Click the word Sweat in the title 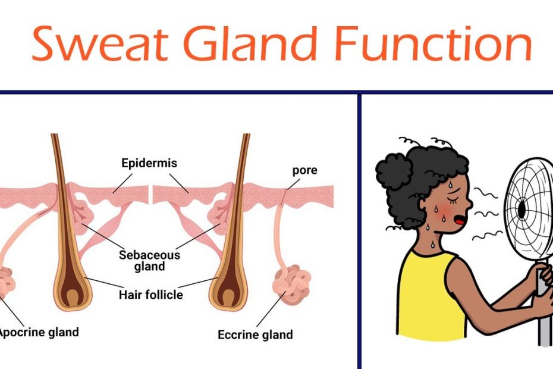click(100, 43)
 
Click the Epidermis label click(149, 163)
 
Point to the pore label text click(304, 171)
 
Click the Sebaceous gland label click(149, 261)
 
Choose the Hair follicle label click(151, 295)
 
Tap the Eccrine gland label click(255, 334)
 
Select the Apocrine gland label click(39, 332)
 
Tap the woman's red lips click(460, 221)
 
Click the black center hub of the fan click(521, 209)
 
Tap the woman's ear click(422, 205)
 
